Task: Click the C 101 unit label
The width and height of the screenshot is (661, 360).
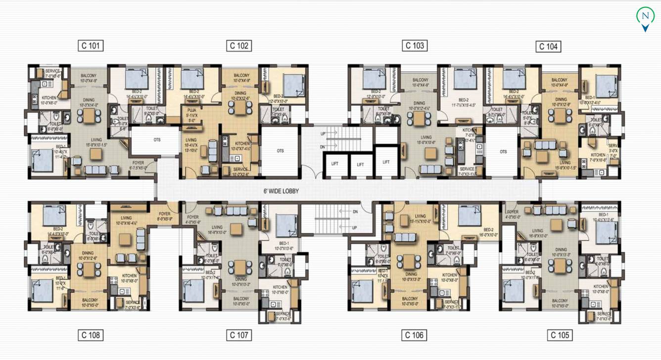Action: (91, 46)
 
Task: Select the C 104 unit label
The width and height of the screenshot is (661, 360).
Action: (548, 46)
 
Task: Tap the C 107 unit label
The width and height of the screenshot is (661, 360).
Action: (239, 335)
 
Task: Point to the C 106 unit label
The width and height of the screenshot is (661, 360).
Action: (414, 335)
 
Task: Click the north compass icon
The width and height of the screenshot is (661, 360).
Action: (645, 17)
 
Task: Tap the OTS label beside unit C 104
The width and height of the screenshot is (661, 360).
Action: (503, 152)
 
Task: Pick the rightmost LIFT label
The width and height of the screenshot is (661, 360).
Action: (386, 162)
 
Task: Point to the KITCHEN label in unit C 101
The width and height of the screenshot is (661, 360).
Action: (49, 98)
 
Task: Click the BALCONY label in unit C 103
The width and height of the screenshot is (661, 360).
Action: (420, 80)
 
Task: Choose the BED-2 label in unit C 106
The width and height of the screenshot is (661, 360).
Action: (488, 229)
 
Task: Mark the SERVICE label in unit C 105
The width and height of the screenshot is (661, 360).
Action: (604, 314)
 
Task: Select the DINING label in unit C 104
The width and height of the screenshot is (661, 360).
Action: (560, 99)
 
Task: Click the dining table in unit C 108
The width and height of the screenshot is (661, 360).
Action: (89, 270)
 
